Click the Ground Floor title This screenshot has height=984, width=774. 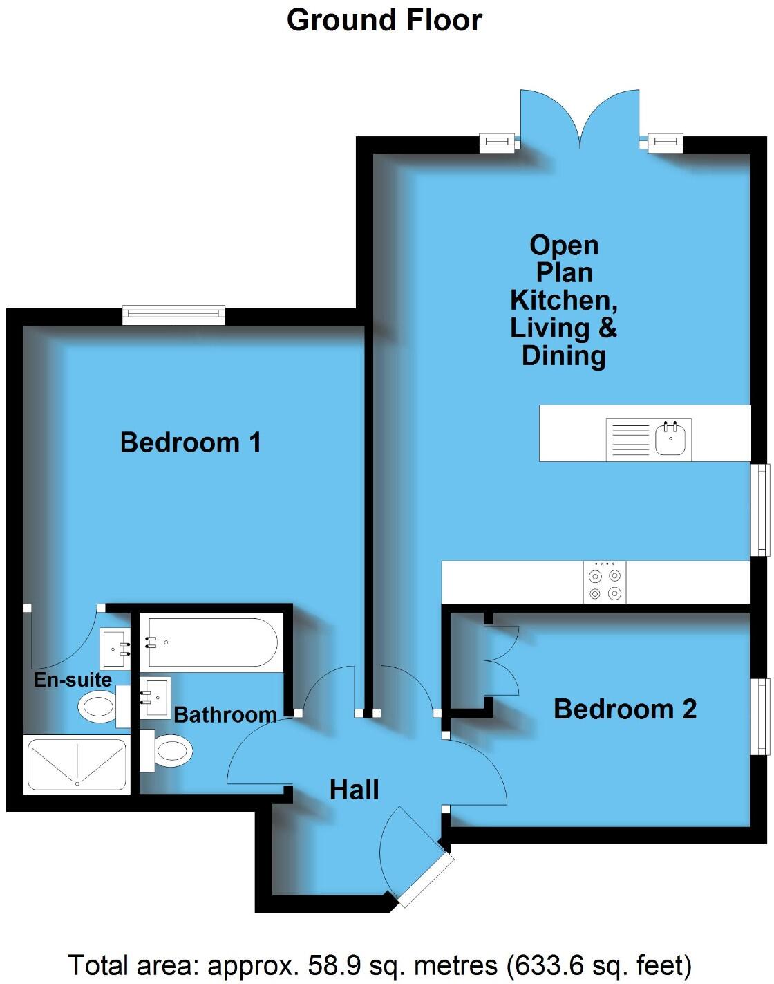tap(384, 20)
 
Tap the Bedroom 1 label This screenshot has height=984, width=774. tap(191, 443)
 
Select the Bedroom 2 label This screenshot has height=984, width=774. tap(625, 709)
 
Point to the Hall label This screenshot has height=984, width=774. tap(354, 790)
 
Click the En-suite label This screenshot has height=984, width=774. tap(73, 680)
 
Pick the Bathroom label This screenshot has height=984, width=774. tap(225, 714)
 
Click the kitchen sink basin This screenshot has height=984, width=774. tap(670, 440)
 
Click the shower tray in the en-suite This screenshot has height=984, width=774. tap(77, 765)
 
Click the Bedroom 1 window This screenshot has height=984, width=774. tap(173, 315)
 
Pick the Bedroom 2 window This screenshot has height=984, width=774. tap(762, 716)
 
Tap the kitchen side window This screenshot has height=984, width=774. tap(762, 509)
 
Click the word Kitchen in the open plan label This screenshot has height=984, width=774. tap(563, 300)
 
